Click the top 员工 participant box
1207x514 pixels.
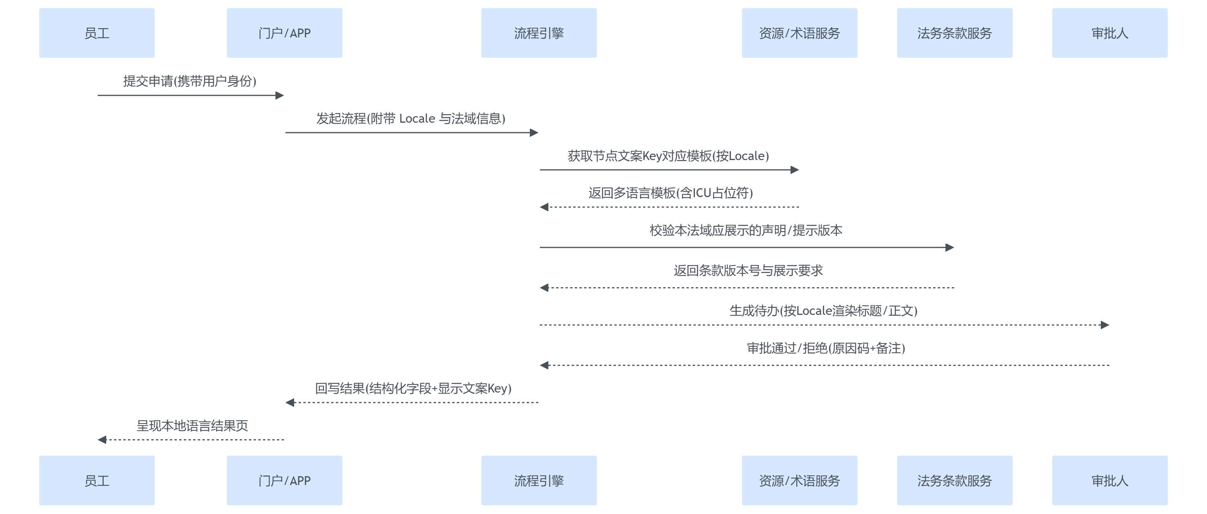click(97, 33)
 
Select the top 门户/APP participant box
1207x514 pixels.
click(284, 33)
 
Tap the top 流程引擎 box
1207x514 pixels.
click(539, 33)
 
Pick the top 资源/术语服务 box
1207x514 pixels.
click(799, 33)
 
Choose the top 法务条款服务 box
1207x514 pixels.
click(954, 33)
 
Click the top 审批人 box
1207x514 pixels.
click(1110, 33)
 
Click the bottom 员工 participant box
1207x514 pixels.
click(97, 480)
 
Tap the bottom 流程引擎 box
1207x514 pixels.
click(539, 480)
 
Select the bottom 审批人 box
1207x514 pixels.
click(1110, 480)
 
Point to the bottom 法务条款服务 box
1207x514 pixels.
click(954, 480)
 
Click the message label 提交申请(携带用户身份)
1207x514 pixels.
click(190, 81)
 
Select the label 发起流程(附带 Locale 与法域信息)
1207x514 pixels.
click(411, 119)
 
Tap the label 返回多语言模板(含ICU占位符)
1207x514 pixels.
click(671, 193)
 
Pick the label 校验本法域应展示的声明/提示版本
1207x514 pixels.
click(746, 230)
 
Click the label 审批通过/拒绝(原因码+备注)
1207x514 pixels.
click(826, 348)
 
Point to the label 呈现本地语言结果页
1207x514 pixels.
click(192, 426)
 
